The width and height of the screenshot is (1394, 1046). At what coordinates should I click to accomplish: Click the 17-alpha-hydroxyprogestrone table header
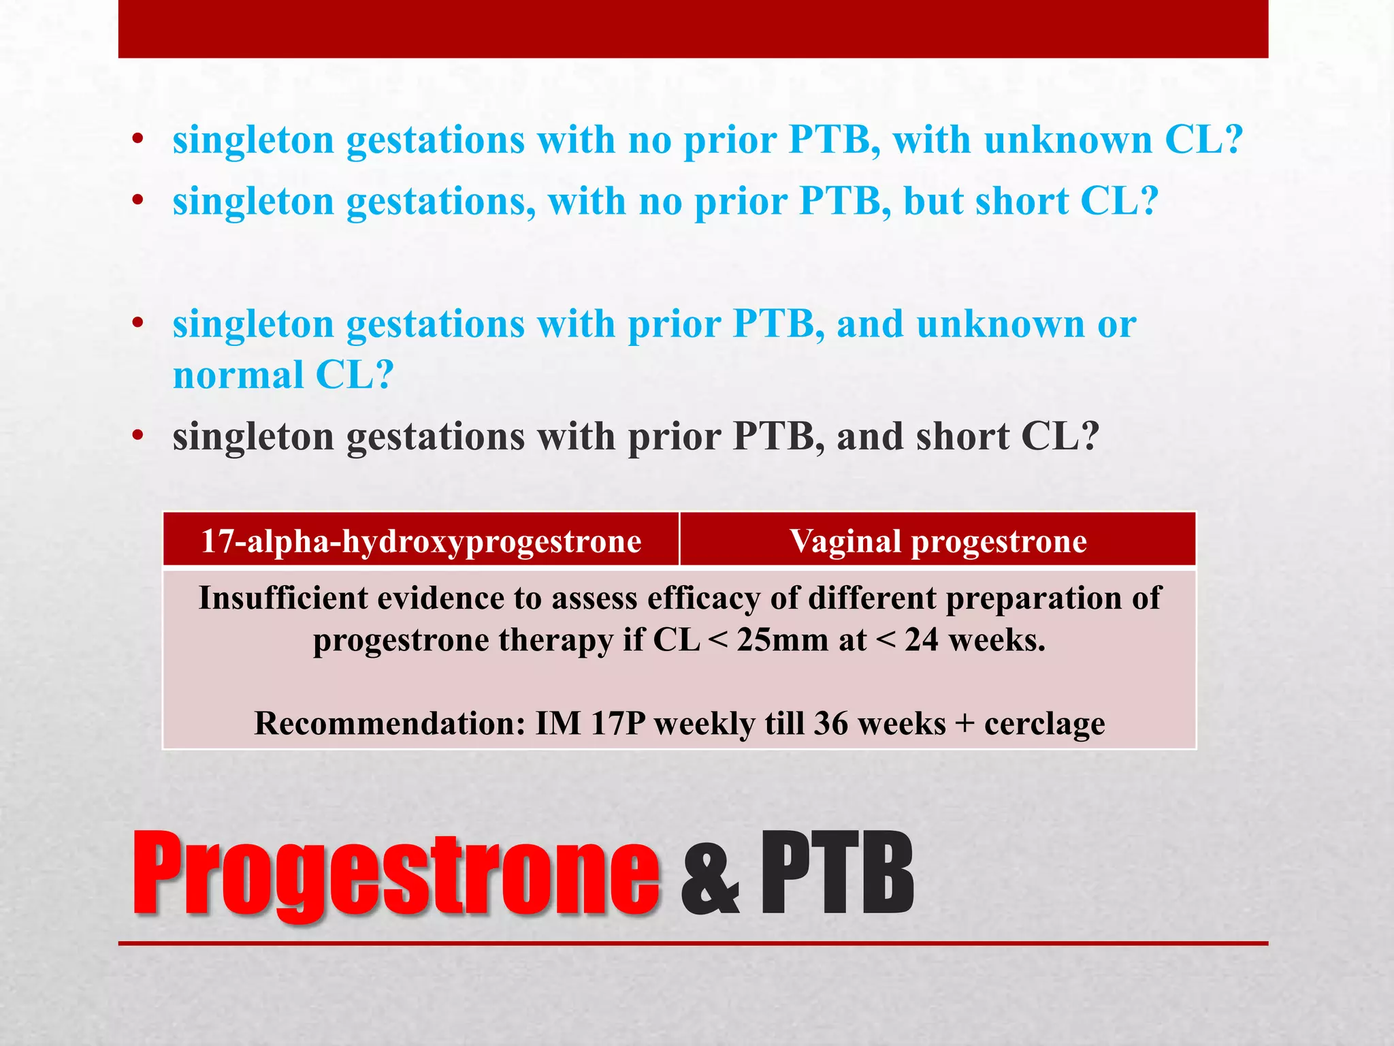[x=421, y=541]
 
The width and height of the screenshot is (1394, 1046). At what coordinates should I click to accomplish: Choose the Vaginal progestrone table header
[x=938, y=541]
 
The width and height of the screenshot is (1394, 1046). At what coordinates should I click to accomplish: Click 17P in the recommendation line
[x=617, y=723]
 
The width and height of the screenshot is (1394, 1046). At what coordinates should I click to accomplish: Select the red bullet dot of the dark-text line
[x=138, y=437]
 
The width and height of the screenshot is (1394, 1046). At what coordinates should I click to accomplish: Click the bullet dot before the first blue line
[x=138, y=140]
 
